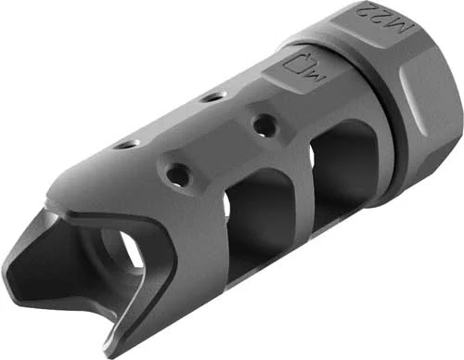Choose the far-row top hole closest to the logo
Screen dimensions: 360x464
coord(214,96)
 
